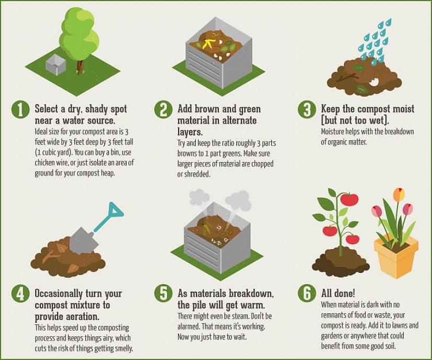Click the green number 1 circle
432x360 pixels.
click(x=20, y=109)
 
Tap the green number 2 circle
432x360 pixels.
click(x=163, y=109)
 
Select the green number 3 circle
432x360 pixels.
click(x=307, y=109)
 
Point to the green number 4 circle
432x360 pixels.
click(x=20, y=294)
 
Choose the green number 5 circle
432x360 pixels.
click(x=163, y=294)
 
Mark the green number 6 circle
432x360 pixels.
click(x=307, y=294)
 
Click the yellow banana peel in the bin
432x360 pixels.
click(x=208, y=43)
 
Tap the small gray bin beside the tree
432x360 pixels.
click(x=55, y=64)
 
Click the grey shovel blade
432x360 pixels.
click(x=83, y=241)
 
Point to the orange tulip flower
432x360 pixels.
click(x=398, y=194)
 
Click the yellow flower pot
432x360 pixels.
click(x=396, y=256)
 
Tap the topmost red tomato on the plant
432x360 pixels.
click(x=349, y=199)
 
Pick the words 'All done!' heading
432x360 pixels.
click(x=338, y=293)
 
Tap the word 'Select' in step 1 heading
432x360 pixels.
click(x=46, y=109)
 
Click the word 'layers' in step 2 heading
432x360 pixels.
click(x=190, y=132)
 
